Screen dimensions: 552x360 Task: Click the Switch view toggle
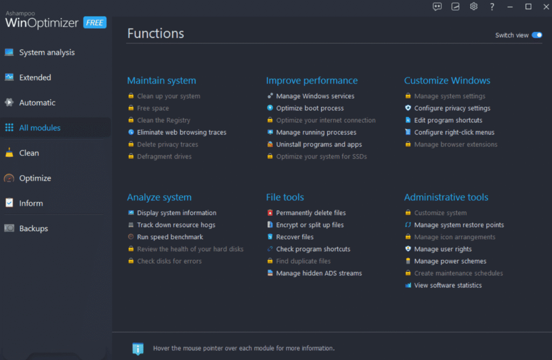coord(537,35)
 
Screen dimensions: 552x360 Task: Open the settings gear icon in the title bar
coord(473,6)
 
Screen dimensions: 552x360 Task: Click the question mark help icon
coord(492,6)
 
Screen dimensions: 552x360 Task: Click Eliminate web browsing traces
coord(182,133)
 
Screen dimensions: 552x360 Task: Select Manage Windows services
coord(315,96)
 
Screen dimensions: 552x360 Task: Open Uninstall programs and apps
coord(319,144)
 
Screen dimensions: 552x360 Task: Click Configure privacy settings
coord(452,108)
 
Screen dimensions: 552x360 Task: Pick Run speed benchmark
coord(170,237)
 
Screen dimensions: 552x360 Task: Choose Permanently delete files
coord(311,213)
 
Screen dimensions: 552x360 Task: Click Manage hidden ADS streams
coord(319,273)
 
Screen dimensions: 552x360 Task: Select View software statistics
coord(448,286)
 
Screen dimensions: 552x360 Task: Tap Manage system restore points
coord(459,225)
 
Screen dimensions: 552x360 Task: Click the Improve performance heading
coord(312,81)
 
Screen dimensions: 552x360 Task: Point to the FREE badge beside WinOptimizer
coord(95,23)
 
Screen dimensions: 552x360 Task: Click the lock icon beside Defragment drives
coord(131,156)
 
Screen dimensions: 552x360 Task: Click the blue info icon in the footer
coord(137,348)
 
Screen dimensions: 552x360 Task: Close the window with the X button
coord(546,6)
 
